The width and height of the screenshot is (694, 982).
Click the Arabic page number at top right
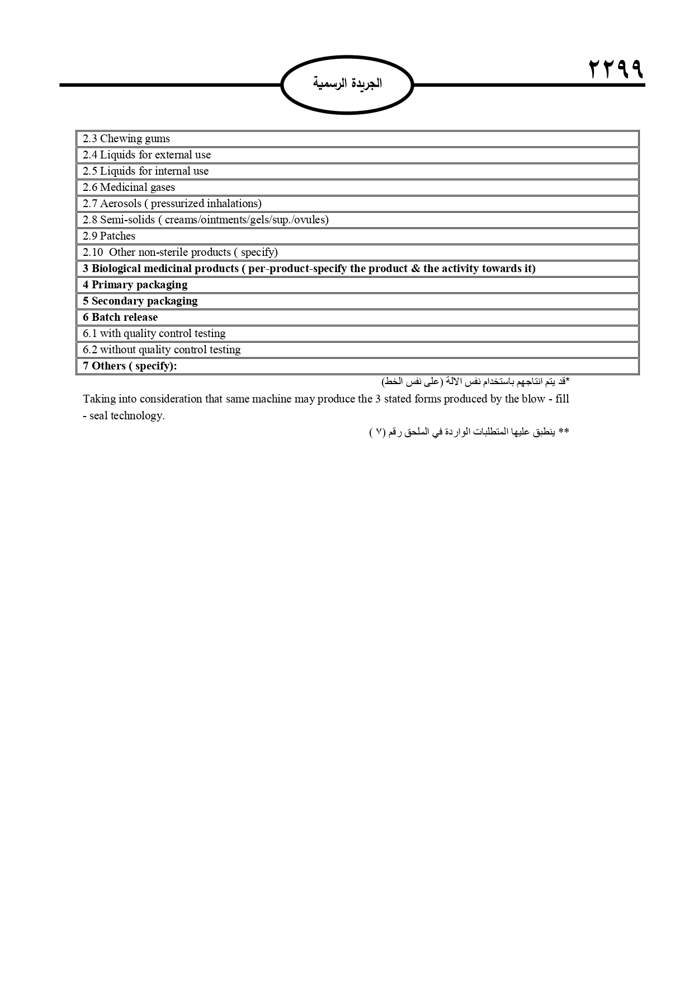click(x=616, y=69)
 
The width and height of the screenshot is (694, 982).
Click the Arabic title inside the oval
click(x=347, y=83)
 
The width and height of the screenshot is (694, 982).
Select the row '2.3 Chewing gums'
click(x=126, y=139)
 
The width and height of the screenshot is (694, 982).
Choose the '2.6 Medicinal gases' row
click(x=129, y=188)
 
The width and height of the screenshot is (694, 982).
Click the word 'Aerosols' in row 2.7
click(x=121, y=204)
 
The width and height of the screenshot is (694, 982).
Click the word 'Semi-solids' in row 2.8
click(x=128, y=220)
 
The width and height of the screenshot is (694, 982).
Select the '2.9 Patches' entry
click(x=109, y=236)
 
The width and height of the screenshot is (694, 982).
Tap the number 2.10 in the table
click(x=93, y=252)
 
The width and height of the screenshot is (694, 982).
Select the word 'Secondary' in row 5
click(x=117, y=301)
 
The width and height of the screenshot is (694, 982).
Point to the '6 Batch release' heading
click(x=120, y=317)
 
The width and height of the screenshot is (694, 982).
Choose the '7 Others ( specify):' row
click(x=130, y=366)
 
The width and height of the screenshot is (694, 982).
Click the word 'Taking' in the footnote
click(x=99, y=399)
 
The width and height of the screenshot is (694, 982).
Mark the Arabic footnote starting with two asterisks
click(x=470, y=432)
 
